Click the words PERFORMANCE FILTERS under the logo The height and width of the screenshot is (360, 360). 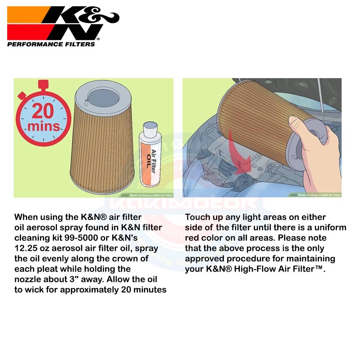tap(51, 44)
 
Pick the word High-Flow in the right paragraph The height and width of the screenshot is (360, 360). tap(248, 269)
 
